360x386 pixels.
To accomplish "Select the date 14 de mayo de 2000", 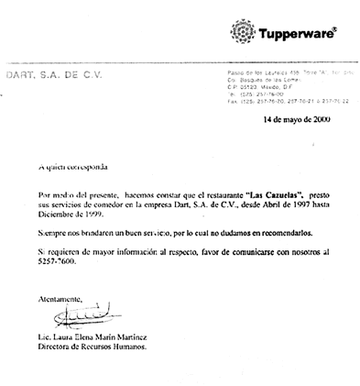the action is pos(297,119).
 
